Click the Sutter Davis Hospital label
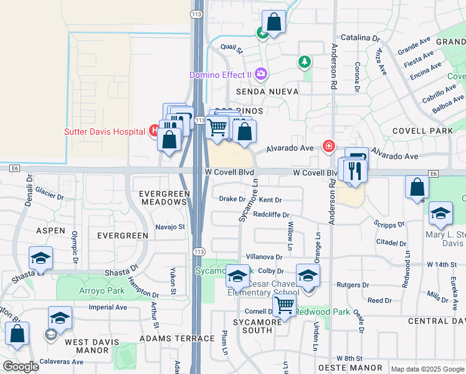click(x=104, y=132)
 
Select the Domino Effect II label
click(x=221, y=75)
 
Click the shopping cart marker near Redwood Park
click(x=284, y=306)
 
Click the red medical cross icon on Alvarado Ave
click(x=328, y=146)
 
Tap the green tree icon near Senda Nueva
click(x=304, y=62)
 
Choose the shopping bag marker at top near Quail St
click(x=273, y=23)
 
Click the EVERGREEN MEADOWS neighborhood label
click(x=164, y=198)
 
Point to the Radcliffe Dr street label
click(x=272, y=215)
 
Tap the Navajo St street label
click(x=171, y=227)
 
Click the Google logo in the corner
click(x=21, y=367)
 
